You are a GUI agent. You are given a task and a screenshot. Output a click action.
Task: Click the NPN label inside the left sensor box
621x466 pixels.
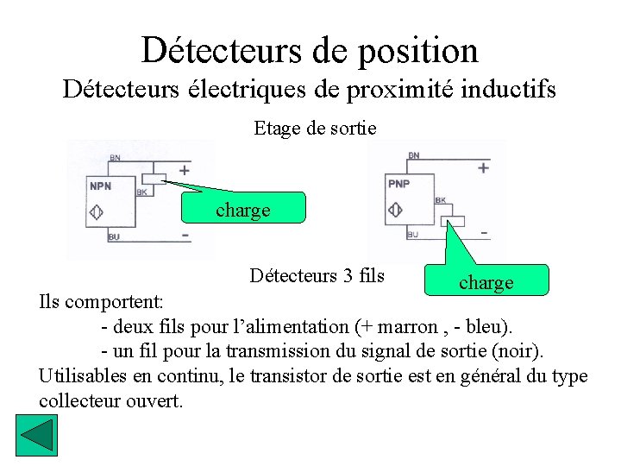[100, 185]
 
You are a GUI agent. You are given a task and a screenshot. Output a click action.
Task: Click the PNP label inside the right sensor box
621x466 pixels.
[398, 184]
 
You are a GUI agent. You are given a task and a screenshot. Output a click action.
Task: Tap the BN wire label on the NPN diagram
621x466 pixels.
[115, 158]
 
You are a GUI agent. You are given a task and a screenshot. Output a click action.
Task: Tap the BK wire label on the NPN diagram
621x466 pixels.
[141, 192]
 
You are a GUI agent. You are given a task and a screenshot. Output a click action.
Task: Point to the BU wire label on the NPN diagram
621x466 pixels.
[114, 236]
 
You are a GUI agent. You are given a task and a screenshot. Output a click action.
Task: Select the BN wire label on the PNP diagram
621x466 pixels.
[414, 155]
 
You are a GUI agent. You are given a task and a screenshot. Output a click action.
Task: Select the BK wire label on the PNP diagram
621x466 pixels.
[440, 200]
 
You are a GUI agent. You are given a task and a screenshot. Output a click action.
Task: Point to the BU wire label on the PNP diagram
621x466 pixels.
[412, 234]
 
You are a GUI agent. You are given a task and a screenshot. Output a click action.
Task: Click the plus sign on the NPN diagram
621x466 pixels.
[184, 170]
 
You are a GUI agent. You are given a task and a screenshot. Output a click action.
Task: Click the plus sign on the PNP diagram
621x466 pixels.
[483, 168]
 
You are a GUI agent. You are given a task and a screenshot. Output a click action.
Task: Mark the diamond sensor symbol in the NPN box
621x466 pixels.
[97, 211]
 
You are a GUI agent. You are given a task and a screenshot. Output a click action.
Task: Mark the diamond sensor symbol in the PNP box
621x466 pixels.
[396, 210]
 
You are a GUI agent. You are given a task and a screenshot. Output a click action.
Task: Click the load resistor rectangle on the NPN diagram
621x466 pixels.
[154, 179]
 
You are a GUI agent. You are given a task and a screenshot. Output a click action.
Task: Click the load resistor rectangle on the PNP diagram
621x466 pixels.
[452, 222]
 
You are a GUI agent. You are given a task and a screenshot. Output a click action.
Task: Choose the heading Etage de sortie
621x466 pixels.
[315, 129]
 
